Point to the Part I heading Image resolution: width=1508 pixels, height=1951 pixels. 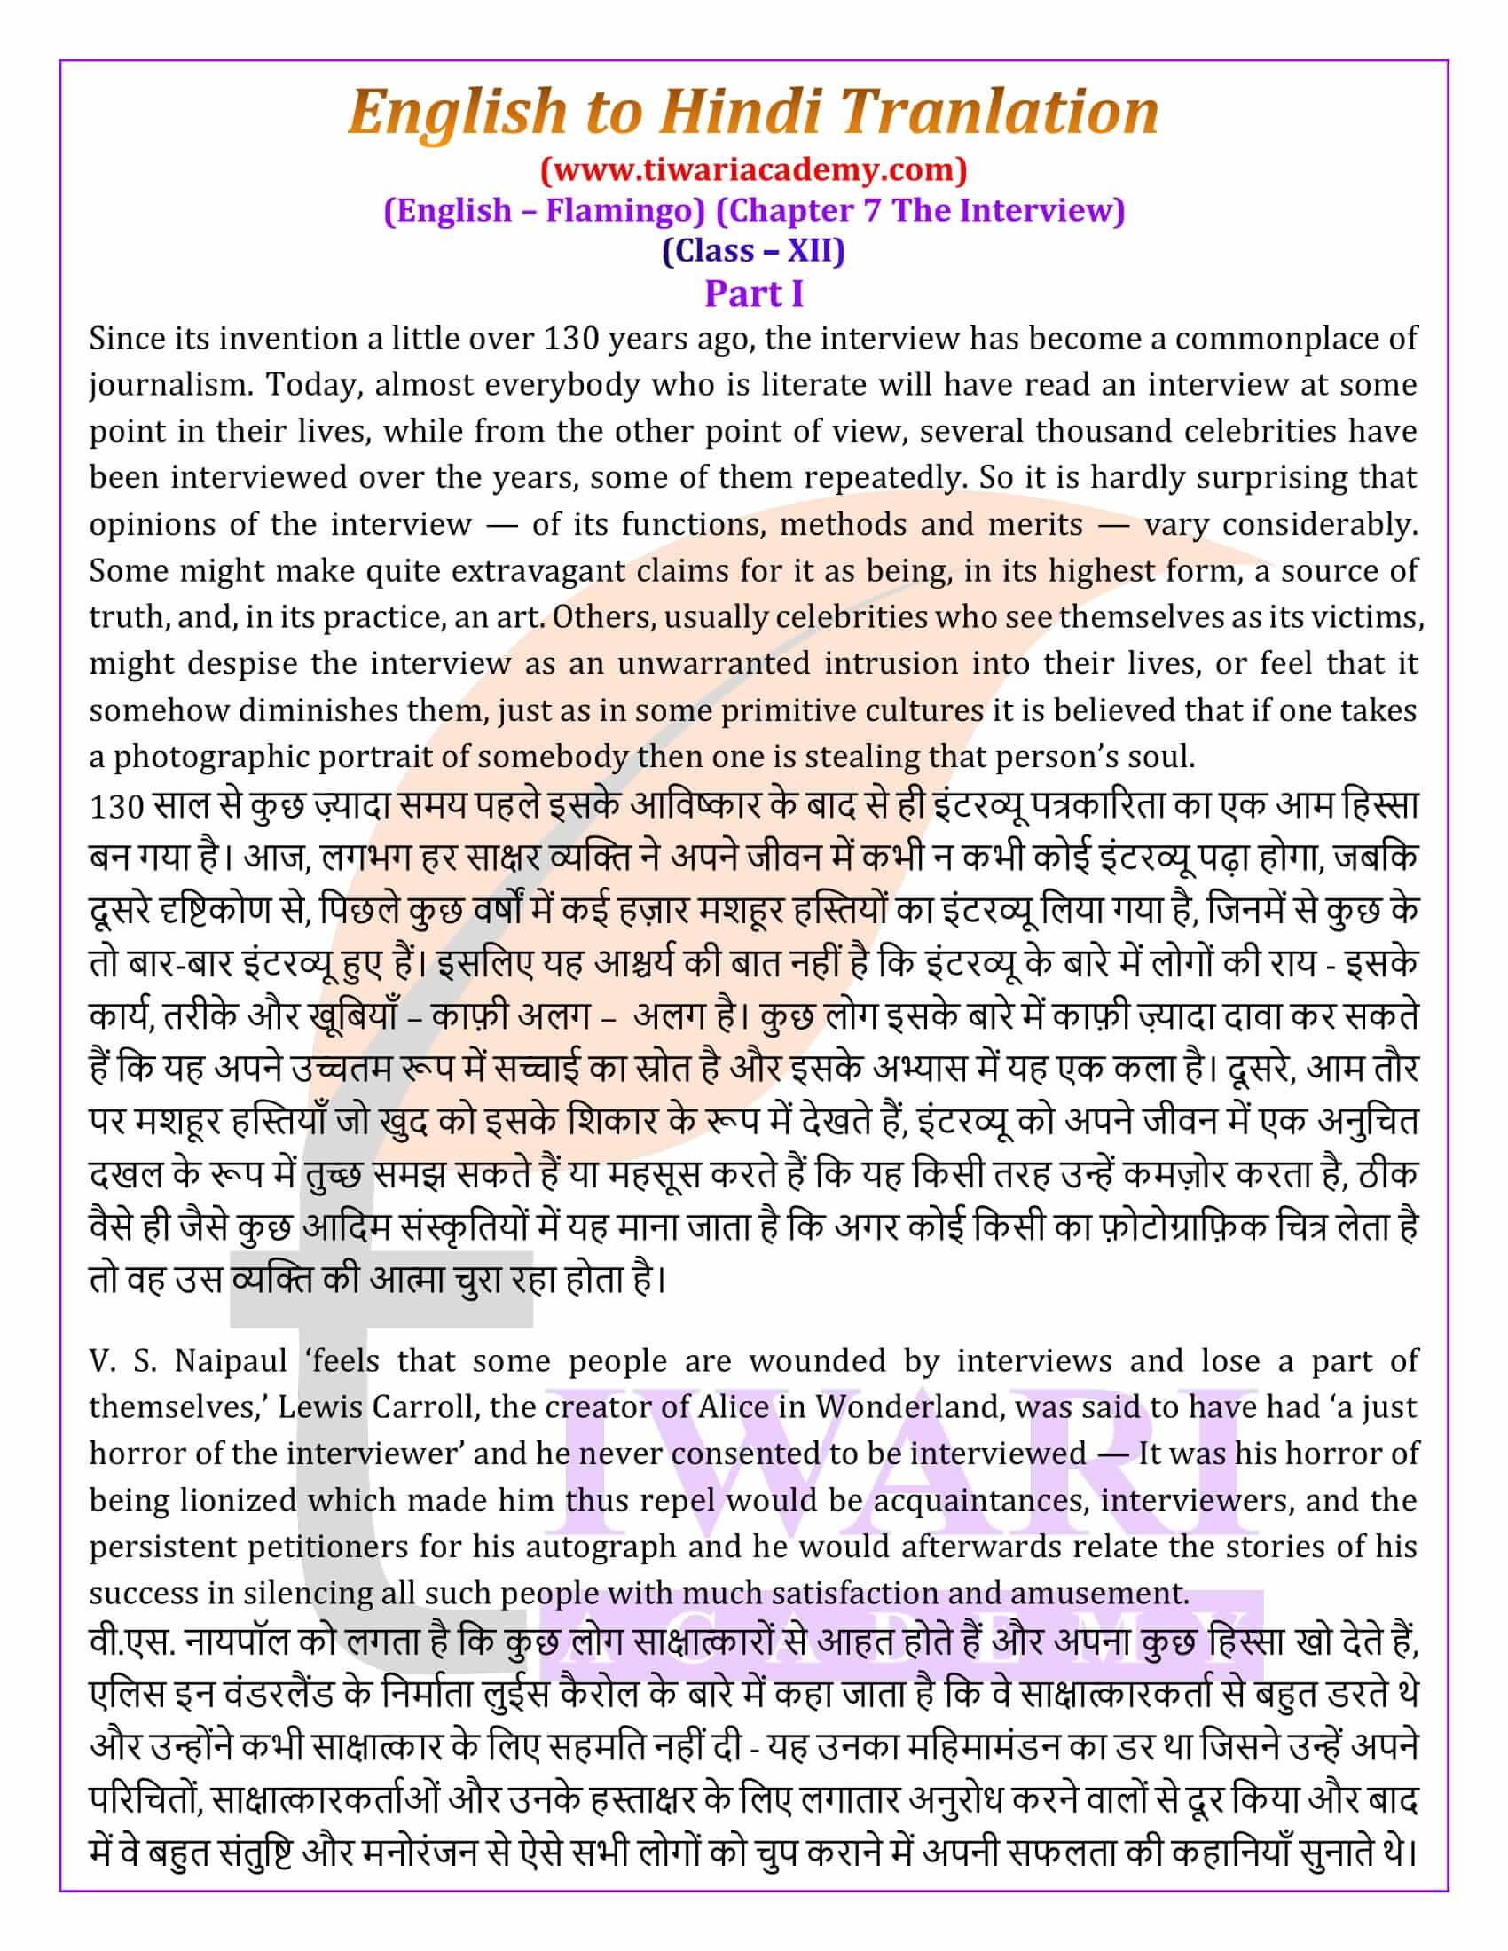tap(753, 293)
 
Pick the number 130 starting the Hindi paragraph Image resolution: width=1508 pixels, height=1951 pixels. tap(116, 807)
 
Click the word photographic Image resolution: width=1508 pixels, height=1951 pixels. tap(209, 756)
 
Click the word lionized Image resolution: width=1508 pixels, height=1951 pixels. tap(238, 1500)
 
